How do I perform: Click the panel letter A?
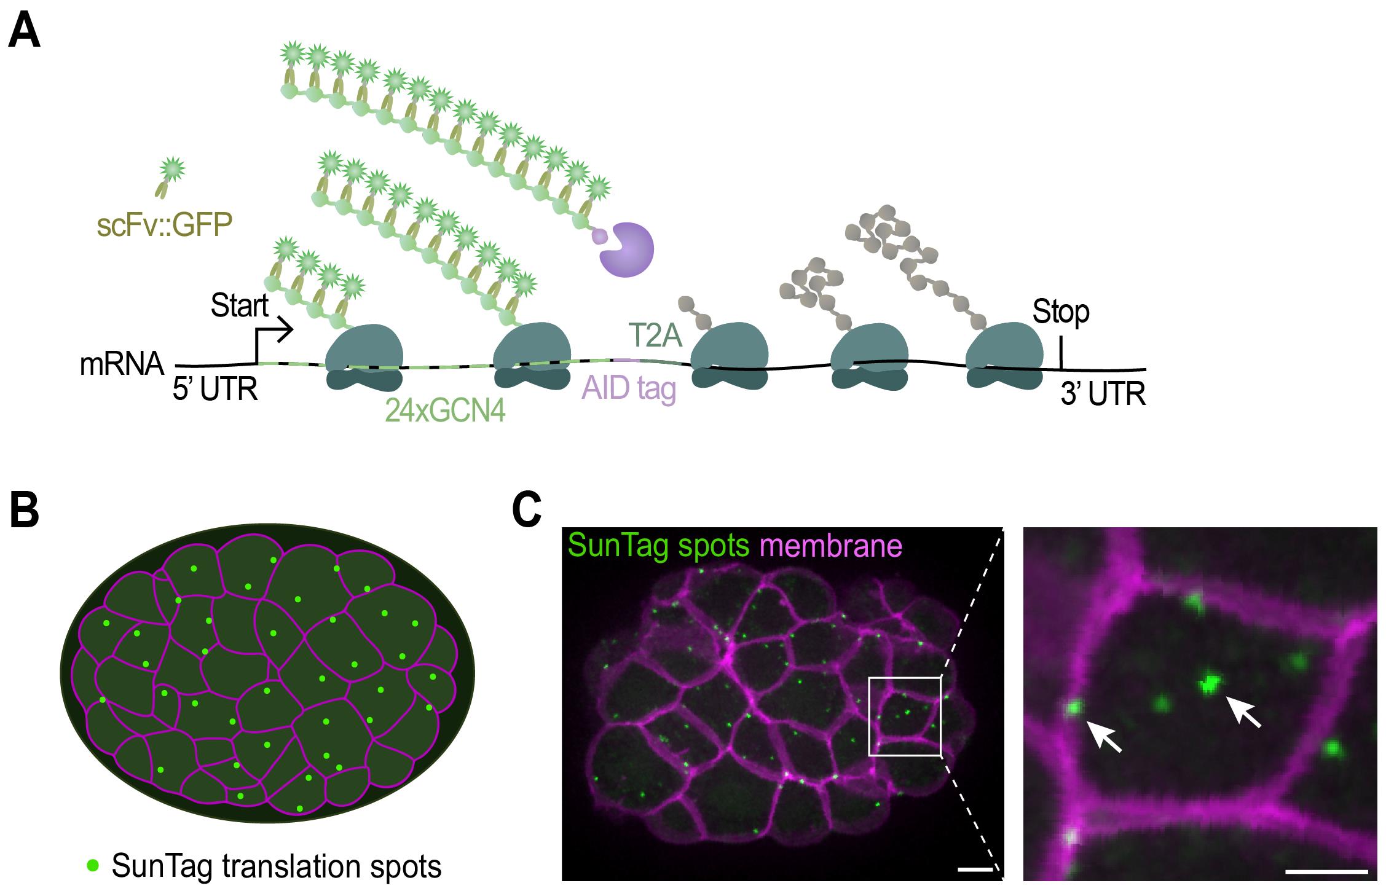tap(25, 32)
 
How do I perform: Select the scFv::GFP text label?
tap(164, 226)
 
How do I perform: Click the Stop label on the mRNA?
tap(1061, 312)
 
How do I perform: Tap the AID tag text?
tap(629, 388)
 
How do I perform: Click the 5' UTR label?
tap(215, 390)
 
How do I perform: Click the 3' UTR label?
tap(1103, 394)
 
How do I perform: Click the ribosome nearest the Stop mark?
tap(1004, 356)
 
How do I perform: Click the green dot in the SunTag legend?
tap(92, 865)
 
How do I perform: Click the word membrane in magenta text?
tap(831, 545)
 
